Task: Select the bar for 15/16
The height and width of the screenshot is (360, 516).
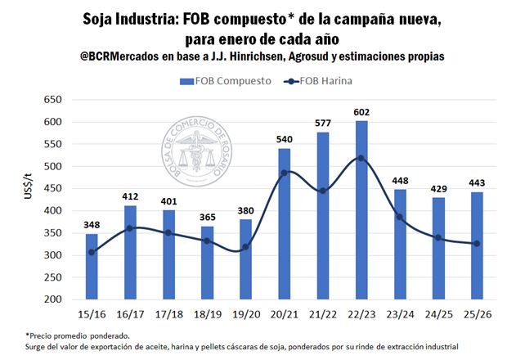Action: click(x=92, y=267)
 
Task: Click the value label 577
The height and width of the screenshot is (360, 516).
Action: click(x=323, y=123)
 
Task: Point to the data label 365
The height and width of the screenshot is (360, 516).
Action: click(x=207, y=217)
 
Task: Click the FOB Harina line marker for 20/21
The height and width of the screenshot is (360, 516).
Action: click(x=285, y=173)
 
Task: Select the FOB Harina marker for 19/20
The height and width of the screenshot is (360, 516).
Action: click(x=246, y=247)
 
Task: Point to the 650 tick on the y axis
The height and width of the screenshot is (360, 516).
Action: click(x=52, y=100)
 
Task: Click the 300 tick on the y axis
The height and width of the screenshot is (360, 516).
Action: click(x=52, y=255)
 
